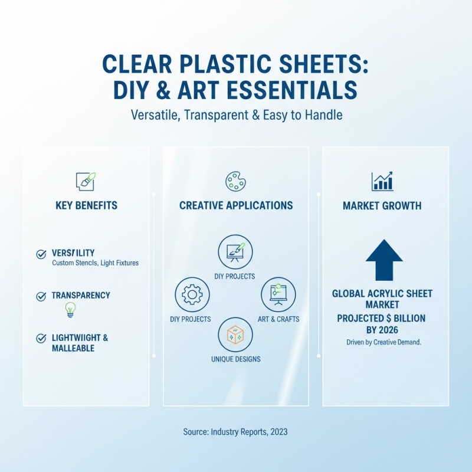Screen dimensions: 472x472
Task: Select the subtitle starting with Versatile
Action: click(235, 114)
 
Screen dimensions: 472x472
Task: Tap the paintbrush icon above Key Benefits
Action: click(86, 181)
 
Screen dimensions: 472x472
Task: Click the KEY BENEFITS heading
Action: click(86, 205)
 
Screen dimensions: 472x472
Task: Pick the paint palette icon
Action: click(235, 181)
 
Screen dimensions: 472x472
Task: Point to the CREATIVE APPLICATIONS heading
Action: click(236, 205)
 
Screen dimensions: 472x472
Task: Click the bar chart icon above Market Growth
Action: click(382, 181)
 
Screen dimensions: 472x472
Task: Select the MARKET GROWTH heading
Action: click(382, 206)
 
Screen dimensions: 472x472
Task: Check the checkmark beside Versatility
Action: click(41, 254)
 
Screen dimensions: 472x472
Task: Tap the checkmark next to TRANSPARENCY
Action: click(41, 296)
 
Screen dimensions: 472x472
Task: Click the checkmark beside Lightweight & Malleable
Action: click(41, 339)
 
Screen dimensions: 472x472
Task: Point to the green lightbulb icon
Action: click(70, 309)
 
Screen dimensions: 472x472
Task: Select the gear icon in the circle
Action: click(192, 294)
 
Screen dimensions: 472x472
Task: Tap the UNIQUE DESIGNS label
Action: click(235, 359)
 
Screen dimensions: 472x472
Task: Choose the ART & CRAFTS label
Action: click(278, 319)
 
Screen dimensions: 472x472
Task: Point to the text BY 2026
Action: click(382, 330)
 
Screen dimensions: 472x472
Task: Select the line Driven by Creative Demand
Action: click(383, 342)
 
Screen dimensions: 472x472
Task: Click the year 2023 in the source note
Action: click(279, 432)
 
